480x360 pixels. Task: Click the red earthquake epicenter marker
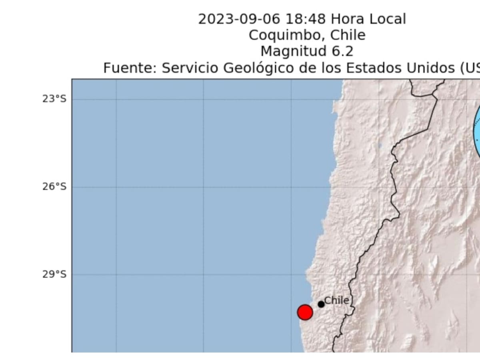pos(305,312)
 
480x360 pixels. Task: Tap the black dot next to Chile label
pos(321,304)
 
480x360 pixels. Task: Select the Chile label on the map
pos(336,300)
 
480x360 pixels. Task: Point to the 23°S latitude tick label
pos(54,99)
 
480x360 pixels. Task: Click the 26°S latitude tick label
pos(54,186)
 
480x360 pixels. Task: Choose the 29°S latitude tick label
pos(54,274)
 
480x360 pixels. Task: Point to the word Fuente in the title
pos(130,68)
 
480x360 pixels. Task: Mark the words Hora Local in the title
pos(368,19)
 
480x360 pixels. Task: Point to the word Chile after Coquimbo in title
pos(348,35)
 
